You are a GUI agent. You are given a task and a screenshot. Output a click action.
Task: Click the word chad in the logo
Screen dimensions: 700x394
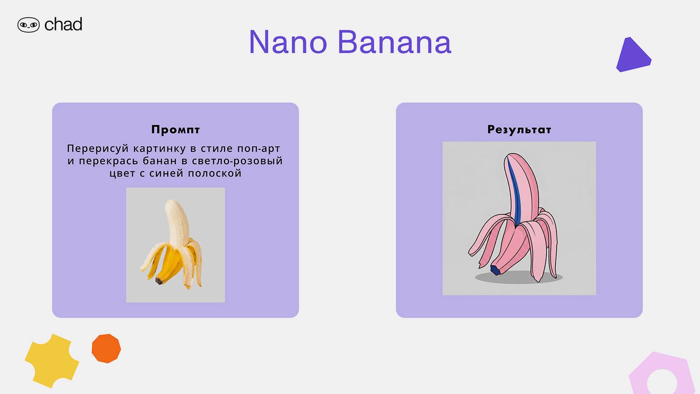[x=64, y=25]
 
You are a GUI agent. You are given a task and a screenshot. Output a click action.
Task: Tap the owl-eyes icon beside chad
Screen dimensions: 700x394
[x=29, y=25]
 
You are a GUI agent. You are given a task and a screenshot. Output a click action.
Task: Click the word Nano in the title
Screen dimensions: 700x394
[x=288, y=42]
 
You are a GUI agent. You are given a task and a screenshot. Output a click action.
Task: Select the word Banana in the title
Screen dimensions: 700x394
[x=395, y=42]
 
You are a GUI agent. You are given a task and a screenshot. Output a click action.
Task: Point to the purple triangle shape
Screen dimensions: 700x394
[x=633, y=56]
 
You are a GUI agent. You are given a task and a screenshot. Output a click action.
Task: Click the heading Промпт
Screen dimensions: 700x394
[x=175, y=130]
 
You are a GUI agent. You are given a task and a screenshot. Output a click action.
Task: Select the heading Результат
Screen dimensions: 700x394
[x=519, y=130]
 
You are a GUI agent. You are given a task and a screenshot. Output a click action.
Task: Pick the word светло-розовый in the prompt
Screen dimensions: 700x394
[x=237, y=161]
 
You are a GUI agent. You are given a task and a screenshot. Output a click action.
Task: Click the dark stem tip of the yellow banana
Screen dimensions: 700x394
[x=159, y=281]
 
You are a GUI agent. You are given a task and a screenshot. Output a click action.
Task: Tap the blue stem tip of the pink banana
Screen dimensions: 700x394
[x=495, y=270]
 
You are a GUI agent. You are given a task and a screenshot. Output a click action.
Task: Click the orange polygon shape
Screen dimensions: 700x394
[x=106, y=349]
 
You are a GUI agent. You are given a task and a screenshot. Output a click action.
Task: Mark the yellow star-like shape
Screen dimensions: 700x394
[x=52, y=360]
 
